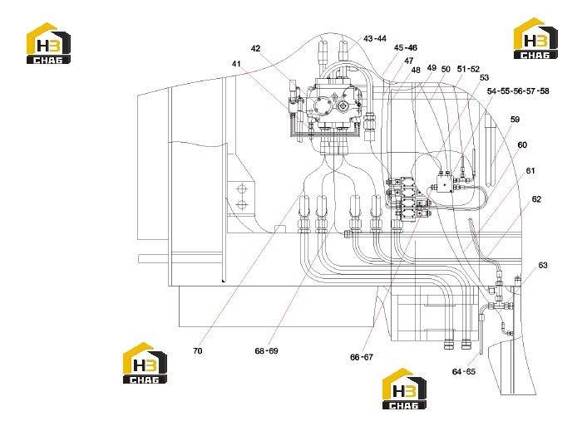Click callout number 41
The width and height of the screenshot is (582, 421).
tap(236, 64)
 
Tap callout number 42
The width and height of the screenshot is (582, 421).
tap(255, 48)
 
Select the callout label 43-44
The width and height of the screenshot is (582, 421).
tap(374, 38)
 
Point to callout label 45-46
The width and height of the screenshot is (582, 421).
tap(406, 48)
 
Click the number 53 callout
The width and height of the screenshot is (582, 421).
tap(485, 77)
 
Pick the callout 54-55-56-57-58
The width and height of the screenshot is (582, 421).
tap(518, 91)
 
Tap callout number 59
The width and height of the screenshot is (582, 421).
tap(515, 120)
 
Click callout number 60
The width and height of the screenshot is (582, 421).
tap(522, 145)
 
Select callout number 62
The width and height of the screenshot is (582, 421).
tap(536, 199)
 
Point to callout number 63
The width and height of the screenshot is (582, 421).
tap(543, 266)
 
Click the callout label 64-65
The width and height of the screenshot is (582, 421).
tap(464, 372)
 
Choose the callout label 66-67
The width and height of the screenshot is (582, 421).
tap(362, 357)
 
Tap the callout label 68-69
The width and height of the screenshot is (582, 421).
tap(266, 351)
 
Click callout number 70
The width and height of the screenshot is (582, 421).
tap(198, 351)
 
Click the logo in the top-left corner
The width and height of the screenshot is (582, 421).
tap(48, 43)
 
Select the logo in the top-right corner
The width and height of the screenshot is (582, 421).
tap(535, 38)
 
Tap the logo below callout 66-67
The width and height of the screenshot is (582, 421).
tap(404, 389)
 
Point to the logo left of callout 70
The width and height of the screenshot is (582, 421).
tap(145, 363)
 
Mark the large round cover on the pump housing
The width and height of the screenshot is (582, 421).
tap(323, 106)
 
